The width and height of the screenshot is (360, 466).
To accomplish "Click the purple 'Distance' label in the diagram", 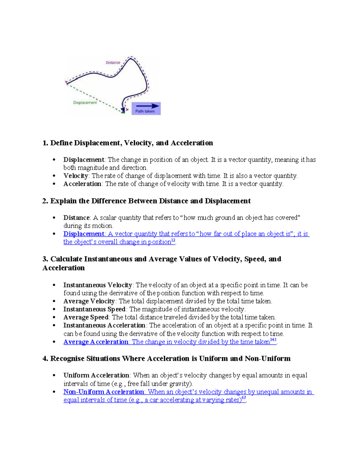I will coord(113,62).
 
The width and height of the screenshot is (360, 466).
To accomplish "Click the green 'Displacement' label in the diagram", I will coord(85,103).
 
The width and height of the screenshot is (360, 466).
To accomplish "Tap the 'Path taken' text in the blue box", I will coord(145,111).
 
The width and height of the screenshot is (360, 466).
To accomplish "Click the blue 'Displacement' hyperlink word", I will coord(84,234).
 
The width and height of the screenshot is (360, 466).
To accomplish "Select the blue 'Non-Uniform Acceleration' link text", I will coord(104,392).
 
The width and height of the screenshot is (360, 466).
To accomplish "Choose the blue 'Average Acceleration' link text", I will coord(96,342).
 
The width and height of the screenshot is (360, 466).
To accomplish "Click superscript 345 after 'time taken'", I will coord(273,340).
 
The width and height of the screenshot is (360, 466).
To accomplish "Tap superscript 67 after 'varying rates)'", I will coord(244,398).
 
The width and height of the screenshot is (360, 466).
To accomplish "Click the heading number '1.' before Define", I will coord(45,143).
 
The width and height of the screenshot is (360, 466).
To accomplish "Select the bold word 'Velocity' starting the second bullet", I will coord(76,176).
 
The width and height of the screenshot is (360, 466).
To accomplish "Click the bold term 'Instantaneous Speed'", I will coord(94,309).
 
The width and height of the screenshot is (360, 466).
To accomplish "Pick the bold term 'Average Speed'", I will coord(86,317).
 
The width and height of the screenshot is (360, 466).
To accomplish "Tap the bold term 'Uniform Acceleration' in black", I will coord(96,375).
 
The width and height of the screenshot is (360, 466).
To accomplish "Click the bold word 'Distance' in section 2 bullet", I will coord(76,218).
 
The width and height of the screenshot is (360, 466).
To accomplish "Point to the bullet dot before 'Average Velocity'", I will coord(54,301).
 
